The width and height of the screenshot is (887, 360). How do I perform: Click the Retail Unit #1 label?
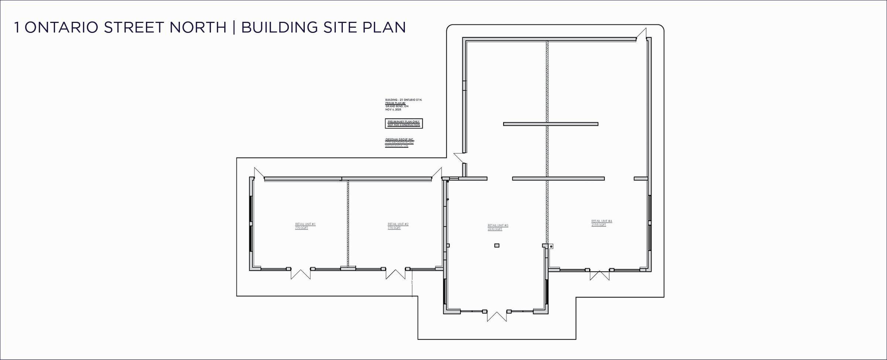pyautogui.click(x=305, y=226)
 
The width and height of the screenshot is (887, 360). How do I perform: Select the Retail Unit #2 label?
pyautogui.click(x=398, y=226)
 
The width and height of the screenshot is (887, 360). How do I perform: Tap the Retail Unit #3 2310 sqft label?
pyautogui.click(x=498, y=227)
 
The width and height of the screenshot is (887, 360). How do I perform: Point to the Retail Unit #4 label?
pyautogui.click(x=601, y=223)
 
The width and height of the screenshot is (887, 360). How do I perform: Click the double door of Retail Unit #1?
pyautogui.click(x=300, y=274)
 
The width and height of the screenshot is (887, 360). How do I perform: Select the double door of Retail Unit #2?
pyautogui.click(x=396, y=274)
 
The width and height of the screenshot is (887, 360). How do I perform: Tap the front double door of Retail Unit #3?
pyautogui.click(x=497, y=316)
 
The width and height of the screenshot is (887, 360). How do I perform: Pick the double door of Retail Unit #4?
pyautogui.click(x=599, y=275)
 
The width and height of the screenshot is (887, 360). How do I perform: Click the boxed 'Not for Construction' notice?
pyautogui.click(x=403, y=123)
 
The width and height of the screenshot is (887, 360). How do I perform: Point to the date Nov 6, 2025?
pyautogui.click(x=393, y=110)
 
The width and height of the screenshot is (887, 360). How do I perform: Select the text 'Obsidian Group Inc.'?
pyautogui.click(x=399, y=139)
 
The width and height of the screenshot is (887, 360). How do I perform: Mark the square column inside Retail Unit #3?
pyautogui.click(x=497, y=245)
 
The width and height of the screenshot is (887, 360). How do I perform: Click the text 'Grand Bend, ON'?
pyautogui.click(x=396, y=106)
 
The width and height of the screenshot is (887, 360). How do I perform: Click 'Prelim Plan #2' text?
pyautogui.click(x=395, y=103)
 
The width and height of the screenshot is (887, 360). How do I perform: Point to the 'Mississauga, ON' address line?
pyautogui.click(x=396, y=146)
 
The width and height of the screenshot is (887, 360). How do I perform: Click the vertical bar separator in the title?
pyautogui.click(x=234, y=28)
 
